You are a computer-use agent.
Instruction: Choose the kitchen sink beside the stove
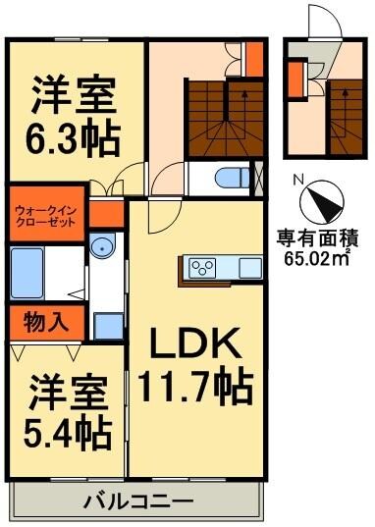[x=249, y=267]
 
